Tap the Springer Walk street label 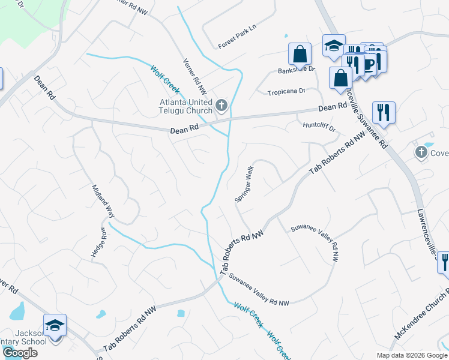coord(246,185)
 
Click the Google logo coord(19,353)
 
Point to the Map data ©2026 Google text coord(411,355)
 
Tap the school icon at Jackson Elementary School coord(55,326)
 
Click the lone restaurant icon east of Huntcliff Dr coord(383,112)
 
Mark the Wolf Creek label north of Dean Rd coord(165,79)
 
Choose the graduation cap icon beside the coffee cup coord(333,46)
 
